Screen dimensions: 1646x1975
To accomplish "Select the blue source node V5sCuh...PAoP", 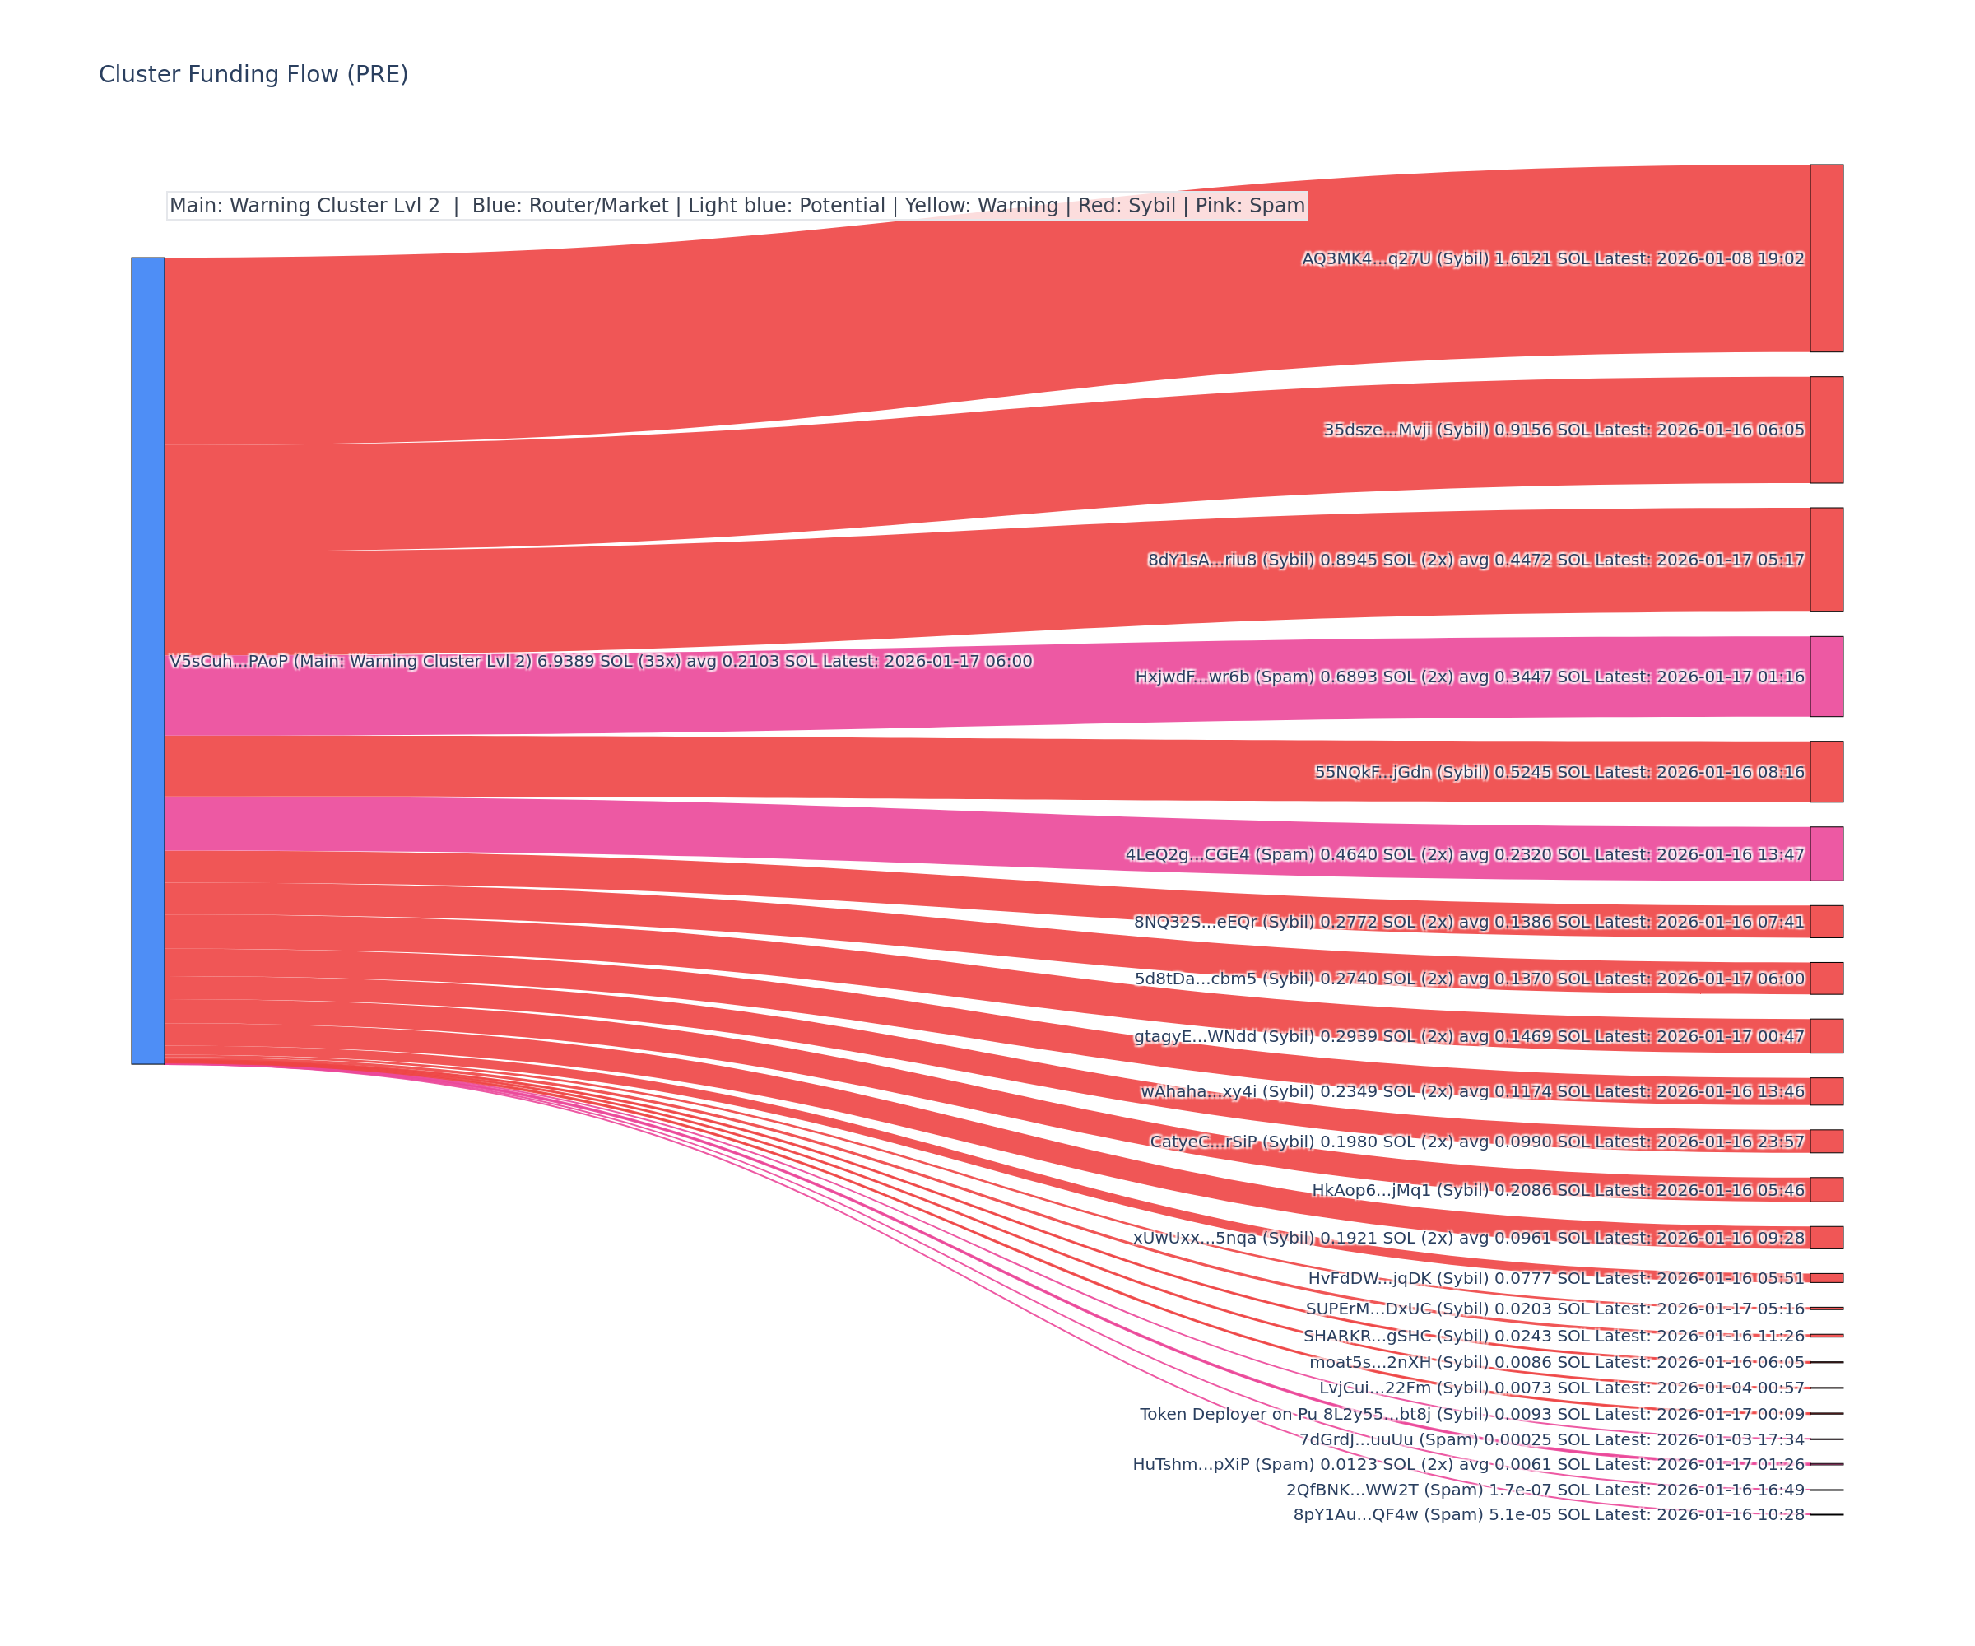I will click(x=147, y=660).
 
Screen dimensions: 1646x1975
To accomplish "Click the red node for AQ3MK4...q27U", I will click(x=1826, y=258).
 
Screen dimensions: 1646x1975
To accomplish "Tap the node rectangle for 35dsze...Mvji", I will click(x=1826, y=430).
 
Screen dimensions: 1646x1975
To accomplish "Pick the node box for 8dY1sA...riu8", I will click(x=1826, y=560).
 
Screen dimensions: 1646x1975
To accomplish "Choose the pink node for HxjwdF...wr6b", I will click(x=1826, y=677).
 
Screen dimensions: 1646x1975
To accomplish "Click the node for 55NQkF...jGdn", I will click(x=1826, y=771).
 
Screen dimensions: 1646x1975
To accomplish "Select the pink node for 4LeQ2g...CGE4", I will click(x=1826, y=854).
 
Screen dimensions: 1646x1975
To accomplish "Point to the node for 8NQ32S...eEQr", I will click(x=1826, y=922).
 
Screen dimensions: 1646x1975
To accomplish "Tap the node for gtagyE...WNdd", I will click(x=1826, y=1035).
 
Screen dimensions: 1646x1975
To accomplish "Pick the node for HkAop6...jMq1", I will click(x=1826, y=1190).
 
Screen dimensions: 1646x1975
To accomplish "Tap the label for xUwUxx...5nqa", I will click(x=1224, y=1238).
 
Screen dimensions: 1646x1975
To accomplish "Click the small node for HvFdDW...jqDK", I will click(x=1826, y=1278).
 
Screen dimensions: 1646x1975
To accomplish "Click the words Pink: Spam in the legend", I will click(x=1250, y=206).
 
